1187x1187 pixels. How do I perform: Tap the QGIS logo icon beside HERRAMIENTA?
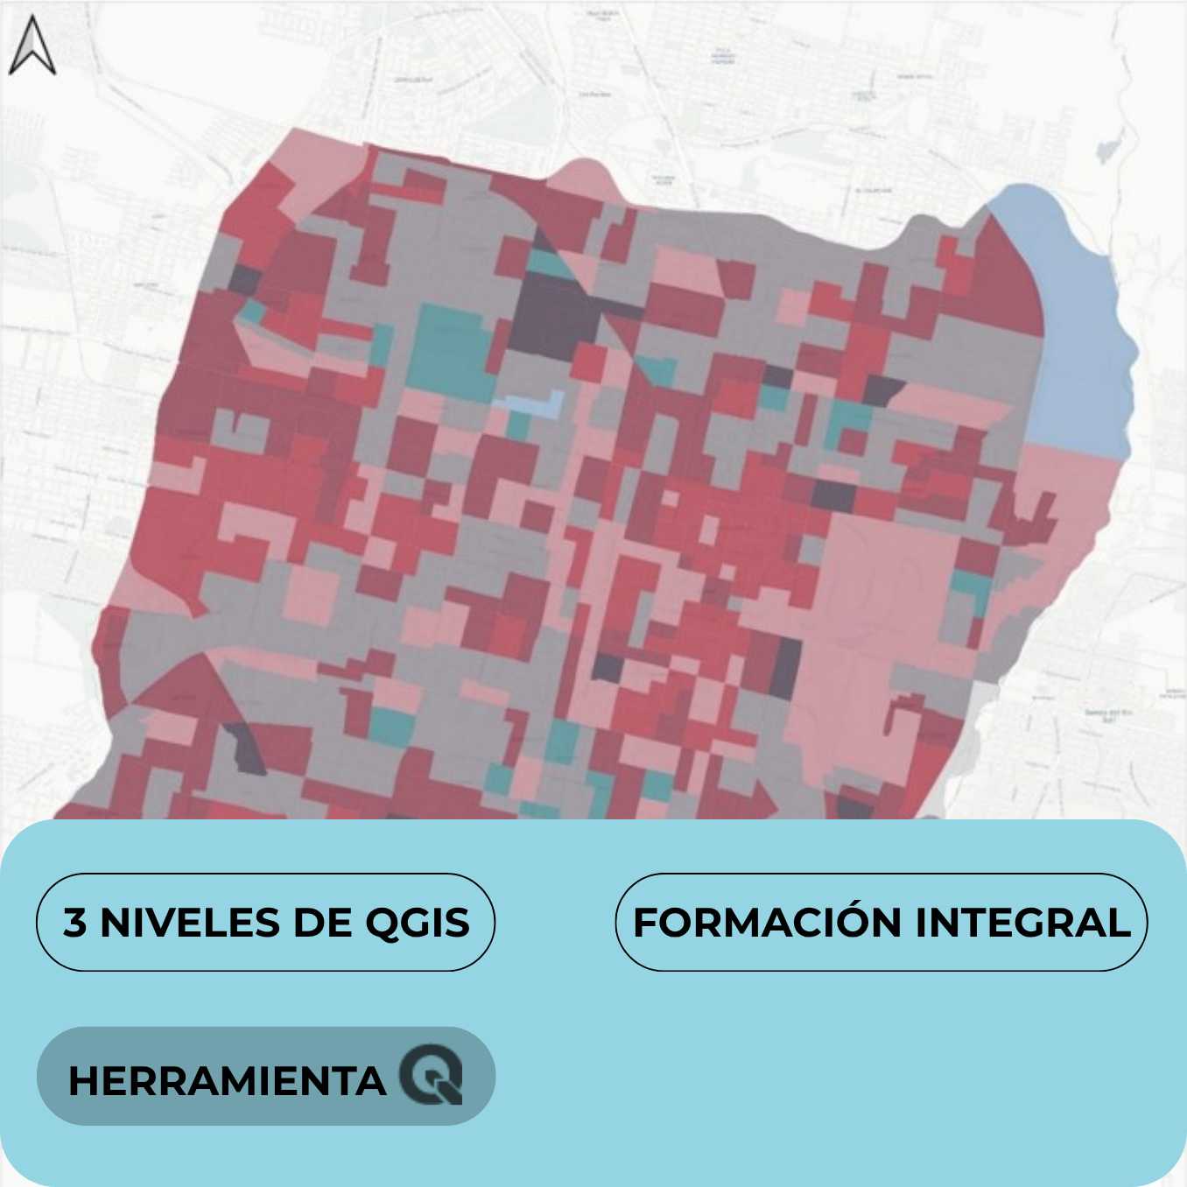click(x=431, y=1074)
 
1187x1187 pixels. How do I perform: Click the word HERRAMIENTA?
click(x=227, y=1080)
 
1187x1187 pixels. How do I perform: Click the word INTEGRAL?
click(x=1022, y=923)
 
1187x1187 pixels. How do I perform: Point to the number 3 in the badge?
click(x=75, y=923)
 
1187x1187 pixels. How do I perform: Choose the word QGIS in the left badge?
click(x=417, y=923)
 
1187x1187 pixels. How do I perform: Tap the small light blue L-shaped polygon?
click(x=534, y=404)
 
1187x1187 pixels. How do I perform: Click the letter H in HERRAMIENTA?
click(x=81, y=1080)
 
